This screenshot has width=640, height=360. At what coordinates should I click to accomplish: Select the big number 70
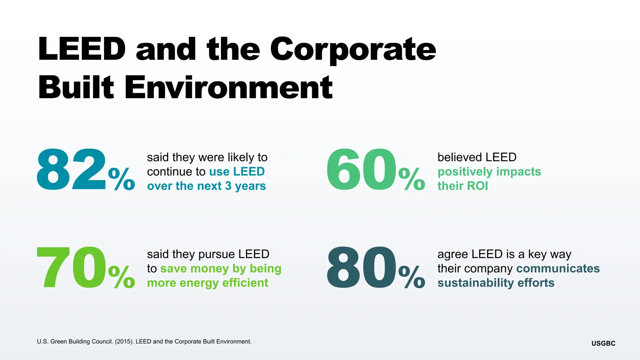point(71,268)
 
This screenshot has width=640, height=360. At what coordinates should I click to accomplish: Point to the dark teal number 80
point(361,268)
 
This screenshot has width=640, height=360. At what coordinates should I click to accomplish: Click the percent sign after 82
point(122,179)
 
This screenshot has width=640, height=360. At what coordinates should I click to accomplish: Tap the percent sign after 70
point(122,277)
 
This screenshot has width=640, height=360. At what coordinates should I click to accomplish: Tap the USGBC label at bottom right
point(603,343)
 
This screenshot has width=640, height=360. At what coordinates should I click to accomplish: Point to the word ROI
point(478,186)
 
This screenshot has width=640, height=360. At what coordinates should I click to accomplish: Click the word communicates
point(558,268)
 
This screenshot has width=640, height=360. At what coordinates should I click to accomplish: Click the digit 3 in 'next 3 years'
point(228,186)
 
